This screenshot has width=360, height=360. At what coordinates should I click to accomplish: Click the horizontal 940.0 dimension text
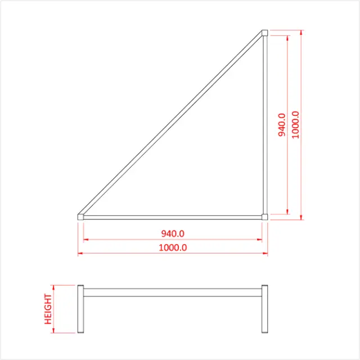click(x=173, y=233)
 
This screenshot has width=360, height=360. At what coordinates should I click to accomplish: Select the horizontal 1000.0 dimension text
click(x=173, y=247)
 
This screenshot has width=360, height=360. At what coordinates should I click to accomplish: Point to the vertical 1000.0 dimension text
click(x=296, y=124)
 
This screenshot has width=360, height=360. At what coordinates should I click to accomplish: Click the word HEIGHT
click(x=48, y=309)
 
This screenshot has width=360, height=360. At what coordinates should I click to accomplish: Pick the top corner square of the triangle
click(x=265, y=33)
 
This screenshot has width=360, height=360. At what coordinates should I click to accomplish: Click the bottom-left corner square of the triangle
click(x=80, y=215)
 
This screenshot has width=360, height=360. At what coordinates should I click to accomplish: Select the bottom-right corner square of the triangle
click(x=265, y=215)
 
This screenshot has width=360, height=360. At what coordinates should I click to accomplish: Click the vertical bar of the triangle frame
click(x=265, y=124)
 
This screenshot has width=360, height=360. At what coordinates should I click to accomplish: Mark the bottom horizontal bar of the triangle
click(x=173, y=216)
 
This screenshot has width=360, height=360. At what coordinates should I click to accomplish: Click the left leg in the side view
click(x=80, y=309)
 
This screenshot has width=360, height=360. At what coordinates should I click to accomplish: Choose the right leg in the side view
click(x=265, y=309)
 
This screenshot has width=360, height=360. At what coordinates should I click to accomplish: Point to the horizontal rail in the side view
click(x=173, y=292)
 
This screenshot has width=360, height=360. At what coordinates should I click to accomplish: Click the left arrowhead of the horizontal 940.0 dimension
click(x=86, y=240)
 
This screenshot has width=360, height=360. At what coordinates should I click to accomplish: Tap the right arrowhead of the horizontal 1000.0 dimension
click(x=265, y=253)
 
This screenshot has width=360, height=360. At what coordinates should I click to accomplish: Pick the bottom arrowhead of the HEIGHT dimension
click(x=54, y=330)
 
